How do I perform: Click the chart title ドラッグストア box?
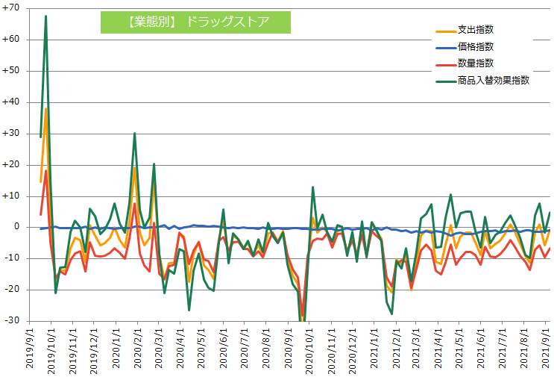[195, 22]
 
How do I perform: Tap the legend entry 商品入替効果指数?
[493, 80]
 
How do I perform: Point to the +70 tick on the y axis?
[12, 8]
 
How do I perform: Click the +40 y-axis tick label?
[12, 102]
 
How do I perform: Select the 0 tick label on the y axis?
[16, 227]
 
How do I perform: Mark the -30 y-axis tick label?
[13, 321]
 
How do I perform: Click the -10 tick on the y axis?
[13, 258]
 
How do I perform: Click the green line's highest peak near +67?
[46, 16]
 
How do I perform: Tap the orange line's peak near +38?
[46, 108]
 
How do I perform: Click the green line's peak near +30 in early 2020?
[134, 134]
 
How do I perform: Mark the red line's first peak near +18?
[46, 171]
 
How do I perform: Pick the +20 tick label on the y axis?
[12, 165]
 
